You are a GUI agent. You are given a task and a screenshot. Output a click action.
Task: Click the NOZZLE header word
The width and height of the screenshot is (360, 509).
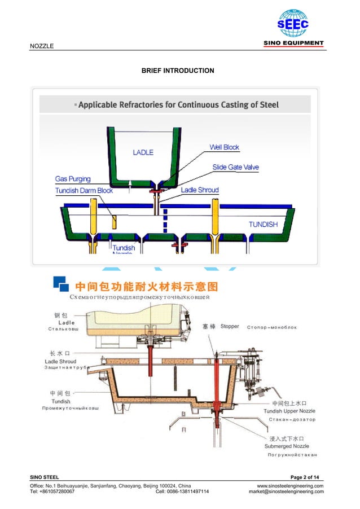coord(42,46)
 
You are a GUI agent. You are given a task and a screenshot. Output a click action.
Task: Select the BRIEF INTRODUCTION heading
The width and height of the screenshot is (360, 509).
coord(178,71)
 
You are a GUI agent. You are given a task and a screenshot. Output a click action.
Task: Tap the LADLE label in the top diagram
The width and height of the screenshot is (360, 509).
coord(143,152)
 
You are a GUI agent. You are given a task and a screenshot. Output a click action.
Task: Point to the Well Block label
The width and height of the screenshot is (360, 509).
coord(224,147)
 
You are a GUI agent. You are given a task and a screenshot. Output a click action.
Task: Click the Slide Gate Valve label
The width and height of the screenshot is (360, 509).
coord(235,167)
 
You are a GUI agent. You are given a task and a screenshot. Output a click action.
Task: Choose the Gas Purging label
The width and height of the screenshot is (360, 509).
coord(73,179)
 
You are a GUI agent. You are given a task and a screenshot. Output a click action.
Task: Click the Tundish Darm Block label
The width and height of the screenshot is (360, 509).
coord(84,191)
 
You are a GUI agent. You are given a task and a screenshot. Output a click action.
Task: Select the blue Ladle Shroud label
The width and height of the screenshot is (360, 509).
coord(200,190)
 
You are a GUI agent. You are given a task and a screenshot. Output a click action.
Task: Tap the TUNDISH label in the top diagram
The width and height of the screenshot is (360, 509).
coord(264,224)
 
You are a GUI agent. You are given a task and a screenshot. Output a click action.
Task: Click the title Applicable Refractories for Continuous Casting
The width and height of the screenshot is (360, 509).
coord(178,105)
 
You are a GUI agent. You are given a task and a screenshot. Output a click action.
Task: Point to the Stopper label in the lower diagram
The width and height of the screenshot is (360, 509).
coord(230,326)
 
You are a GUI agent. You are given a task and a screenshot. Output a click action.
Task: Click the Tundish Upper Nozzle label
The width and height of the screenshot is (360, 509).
coord(289,411)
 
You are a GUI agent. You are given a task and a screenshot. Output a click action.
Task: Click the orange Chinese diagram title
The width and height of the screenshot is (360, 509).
coord(142,285)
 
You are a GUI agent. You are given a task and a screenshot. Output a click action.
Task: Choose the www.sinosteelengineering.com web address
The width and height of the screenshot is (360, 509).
coord(290,486)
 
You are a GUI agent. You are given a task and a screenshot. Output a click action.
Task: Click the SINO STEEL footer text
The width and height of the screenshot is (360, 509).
coord(44,478)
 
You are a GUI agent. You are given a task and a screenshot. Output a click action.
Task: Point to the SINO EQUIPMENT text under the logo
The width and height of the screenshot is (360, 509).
coord(294,43)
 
